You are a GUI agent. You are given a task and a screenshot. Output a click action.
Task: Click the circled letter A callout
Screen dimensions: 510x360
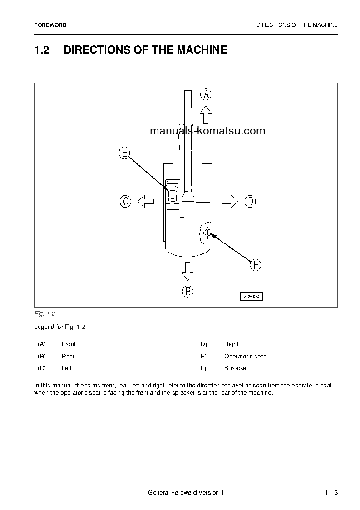(x=206, y=94)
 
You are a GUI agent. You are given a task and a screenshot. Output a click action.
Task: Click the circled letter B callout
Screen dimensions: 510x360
(x=187, y=291)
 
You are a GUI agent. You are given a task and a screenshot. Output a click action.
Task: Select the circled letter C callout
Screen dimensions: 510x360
(x=125, y=201)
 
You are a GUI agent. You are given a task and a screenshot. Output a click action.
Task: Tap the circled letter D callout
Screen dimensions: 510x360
(x=250, y=201)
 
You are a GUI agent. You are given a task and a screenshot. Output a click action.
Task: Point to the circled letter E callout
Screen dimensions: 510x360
(x=124, y=153)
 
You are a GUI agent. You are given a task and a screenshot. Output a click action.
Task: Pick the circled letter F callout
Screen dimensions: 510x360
(x=256, y=265)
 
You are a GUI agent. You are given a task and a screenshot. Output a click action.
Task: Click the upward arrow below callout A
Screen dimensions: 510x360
(x=206, y=114)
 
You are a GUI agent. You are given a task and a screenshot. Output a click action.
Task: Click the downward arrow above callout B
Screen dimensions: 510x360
(x=187, y=271)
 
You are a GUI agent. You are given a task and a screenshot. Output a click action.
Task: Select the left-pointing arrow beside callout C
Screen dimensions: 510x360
(x=146, y=201)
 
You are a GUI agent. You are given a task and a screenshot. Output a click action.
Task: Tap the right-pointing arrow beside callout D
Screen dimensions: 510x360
(x=230, y=201)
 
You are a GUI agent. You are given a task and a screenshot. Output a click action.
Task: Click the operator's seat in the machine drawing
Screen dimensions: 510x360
(x=173, y=196)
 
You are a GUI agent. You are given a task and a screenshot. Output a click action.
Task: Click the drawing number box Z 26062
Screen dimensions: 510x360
(x=252, y=297)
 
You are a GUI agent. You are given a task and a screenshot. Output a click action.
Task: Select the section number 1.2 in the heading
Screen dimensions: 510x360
(x=41, y=50)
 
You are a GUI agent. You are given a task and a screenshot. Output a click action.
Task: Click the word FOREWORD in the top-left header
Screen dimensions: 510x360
(x=50, y=25)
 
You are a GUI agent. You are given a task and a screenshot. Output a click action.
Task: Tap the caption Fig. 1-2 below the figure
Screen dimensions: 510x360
(x=44, y=314)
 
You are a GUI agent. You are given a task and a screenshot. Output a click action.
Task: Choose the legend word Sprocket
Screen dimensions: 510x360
(x=236, y=368)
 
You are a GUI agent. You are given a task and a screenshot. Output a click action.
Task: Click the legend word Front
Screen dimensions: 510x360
(x=69, y=344)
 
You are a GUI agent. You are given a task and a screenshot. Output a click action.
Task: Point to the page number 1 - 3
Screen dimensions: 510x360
(x=331, y=493)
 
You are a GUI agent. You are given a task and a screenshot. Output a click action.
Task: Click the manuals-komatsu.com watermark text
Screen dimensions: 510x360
(x=207, y=131)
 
